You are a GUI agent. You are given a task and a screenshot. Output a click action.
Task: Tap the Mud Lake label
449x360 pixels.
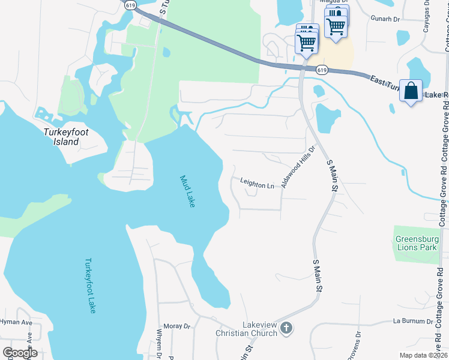[188, 191]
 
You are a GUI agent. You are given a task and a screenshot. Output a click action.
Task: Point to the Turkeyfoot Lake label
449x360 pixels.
[90, 285]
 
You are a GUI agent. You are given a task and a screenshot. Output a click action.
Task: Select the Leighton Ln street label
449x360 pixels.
[257, 185]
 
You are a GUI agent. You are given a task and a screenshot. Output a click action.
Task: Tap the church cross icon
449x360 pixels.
[286, 328]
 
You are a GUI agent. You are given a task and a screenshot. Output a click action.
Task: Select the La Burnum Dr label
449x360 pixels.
[412, 321]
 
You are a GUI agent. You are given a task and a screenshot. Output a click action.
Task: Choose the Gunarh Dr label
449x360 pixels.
[385, 19]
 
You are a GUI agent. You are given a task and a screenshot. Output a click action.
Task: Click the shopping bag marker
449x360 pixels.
[411, 92]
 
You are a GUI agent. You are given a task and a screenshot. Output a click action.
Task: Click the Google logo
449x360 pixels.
[20, 353]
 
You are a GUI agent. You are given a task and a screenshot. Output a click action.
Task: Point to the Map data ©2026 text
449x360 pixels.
[423, 355]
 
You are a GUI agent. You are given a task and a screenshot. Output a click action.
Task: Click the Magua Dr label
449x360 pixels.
[328, 2]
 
